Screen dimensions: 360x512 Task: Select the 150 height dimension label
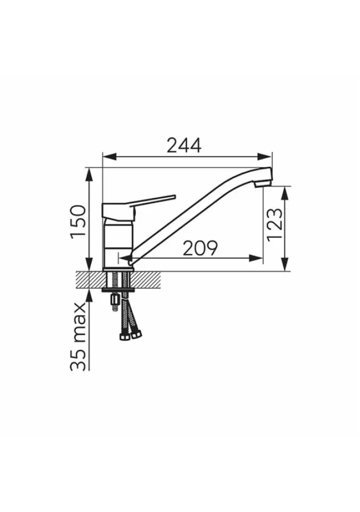pos(79,222)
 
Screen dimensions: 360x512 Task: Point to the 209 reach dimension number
pos(200,248)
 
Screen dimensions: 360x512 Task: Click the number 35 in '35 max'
pos(79,360)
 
